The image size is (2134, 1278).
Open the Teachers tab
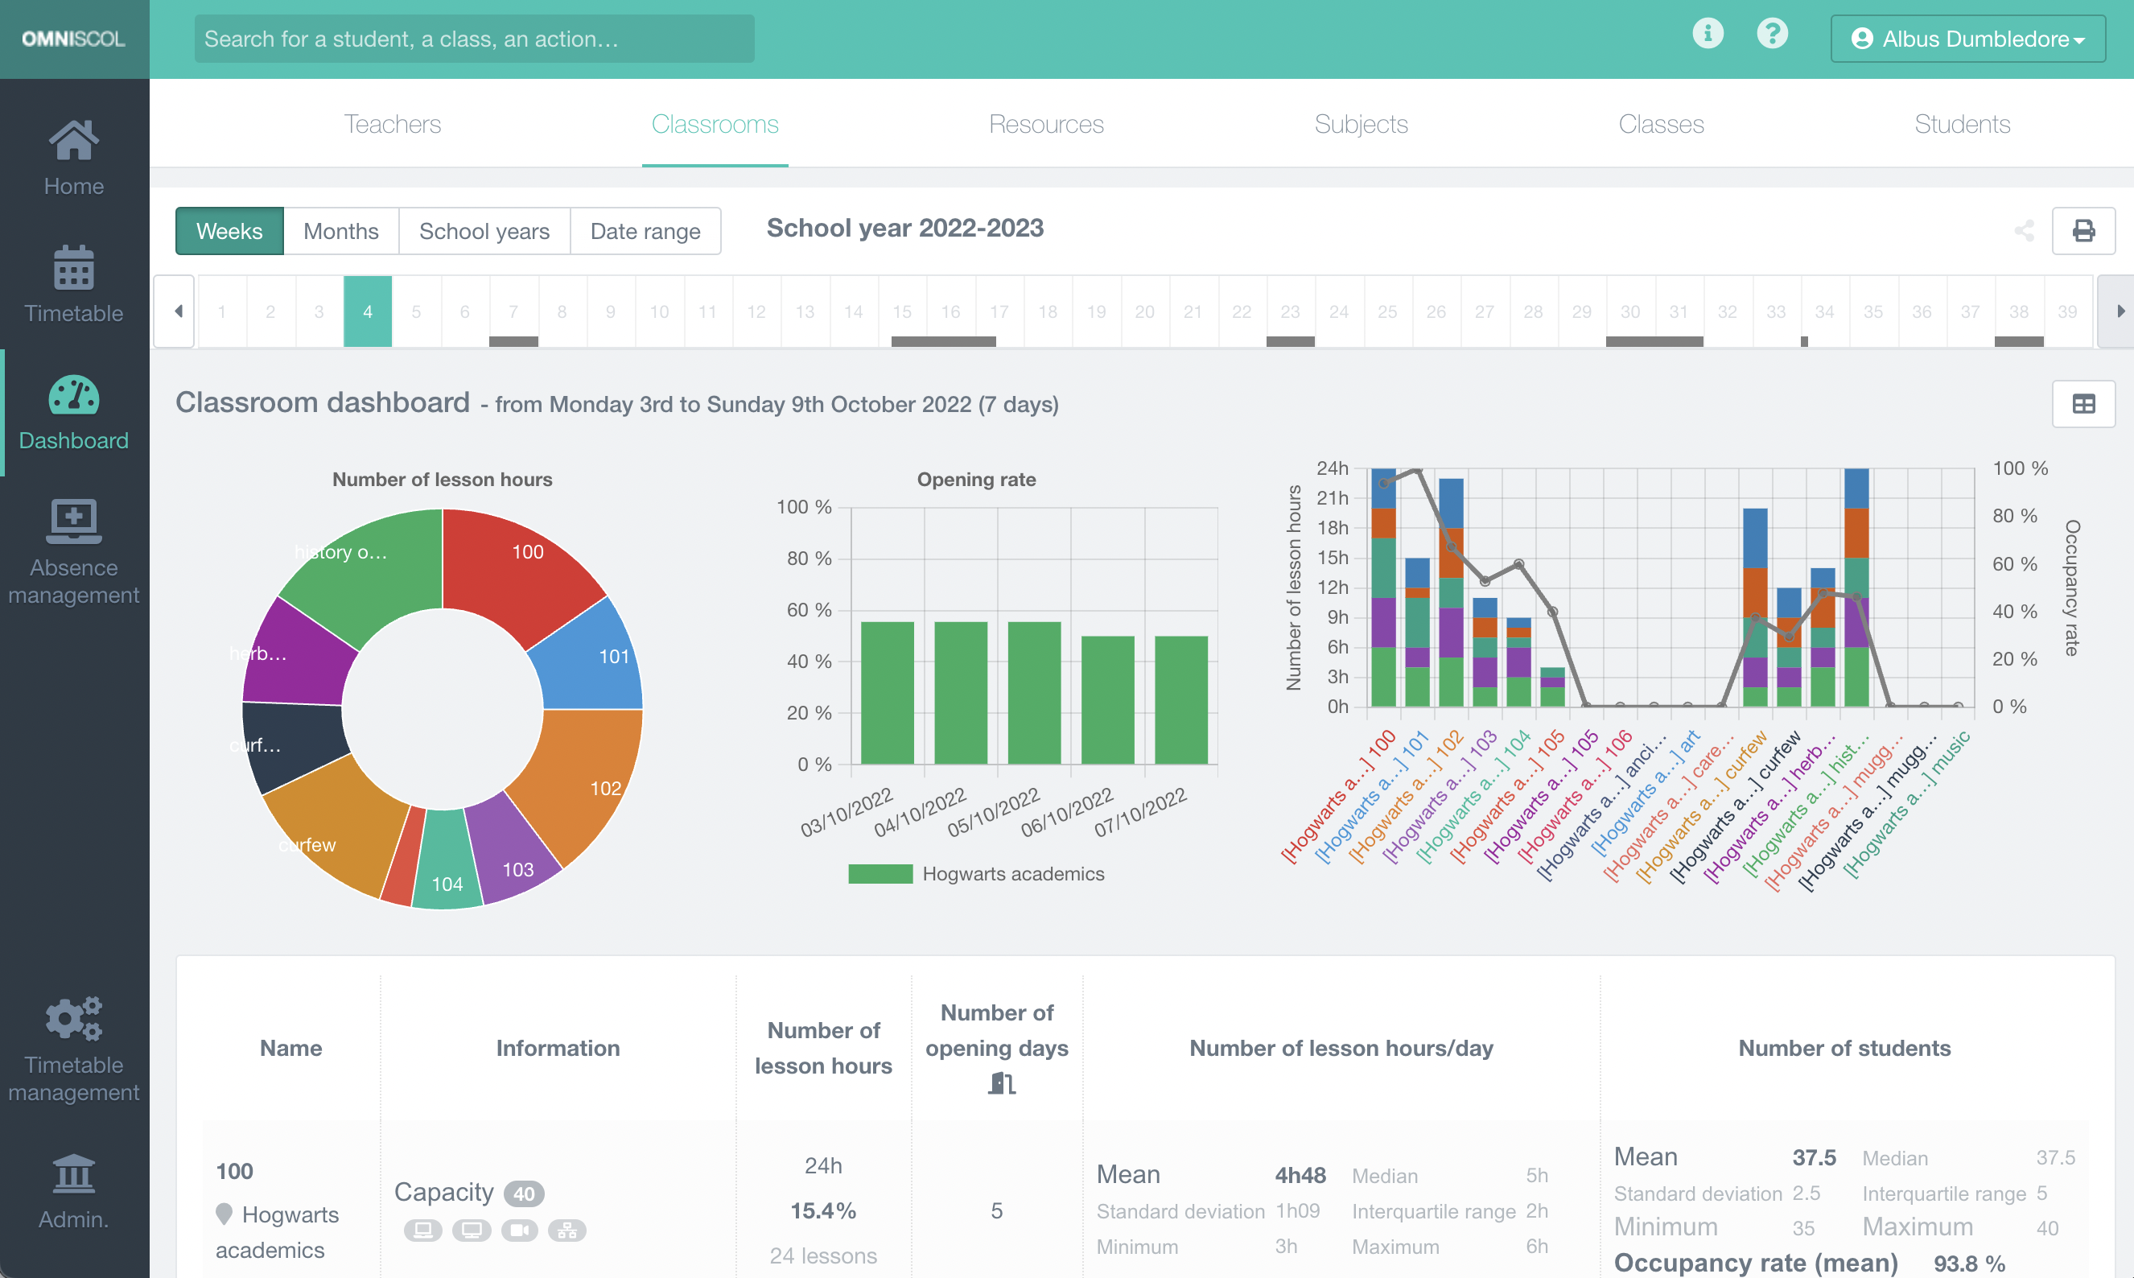coord(393,124)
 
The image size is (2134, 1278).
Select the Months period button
coord(341,231)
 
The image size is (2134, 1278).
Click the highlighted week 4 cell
coord(368,311)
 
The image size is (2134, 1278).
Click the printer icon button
coord(2083,231)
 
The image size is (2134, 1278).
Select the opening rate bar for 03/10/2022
coord(887,692)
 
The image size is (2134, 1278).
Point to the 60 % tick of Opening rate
coord(809,610)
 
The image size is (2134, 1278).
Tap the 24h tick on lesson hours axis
coord(1332,468)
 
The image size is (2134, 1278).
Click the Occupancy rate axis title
coord(2072,587)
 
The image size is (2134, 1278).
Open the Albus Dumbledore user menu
coord(1968,39)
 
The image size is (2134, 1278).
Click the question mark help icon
coord(1772,35)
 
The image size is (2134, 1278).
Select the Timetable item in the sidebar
coord(74,284)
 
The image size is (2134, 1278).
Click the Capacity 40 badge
coord(523,1193)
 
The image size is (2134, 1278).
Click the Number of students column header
coord(1844,1048)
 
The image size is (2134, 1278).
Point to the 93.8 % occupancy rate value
coord(1969,1263)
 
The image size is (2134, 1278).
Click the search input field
coord(474,39)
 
